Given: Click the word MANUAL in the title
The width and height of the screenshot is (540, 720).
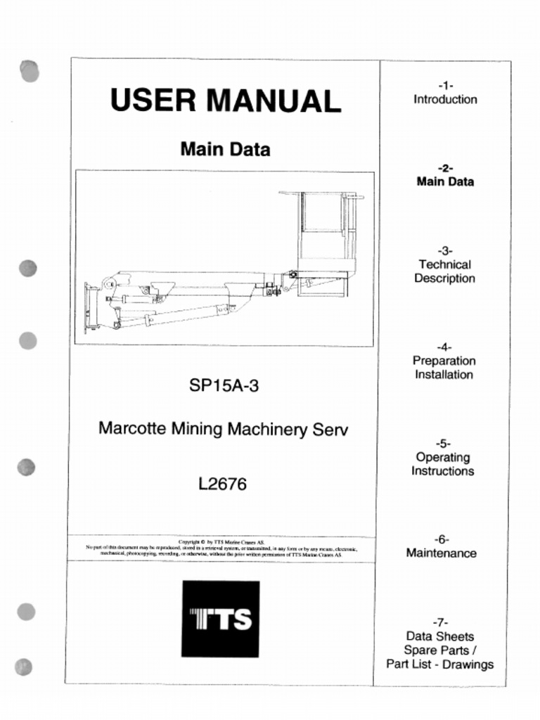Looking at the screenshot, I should pos(274,101).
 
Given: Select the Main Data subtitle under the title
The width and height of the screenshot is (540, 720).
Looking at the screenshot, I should pos(225,149).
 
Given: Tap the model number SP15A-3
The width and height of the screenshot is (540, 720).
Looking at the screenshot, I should pos(224,385).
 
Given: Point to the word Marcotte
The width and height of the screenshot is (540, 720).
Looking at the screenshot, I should pos(132,428).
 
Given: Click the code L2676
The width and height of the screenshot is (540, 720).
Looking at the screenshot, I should pos(223,484).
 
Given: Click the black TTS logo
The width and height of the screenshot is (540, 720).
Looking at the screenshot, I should pos(220,619).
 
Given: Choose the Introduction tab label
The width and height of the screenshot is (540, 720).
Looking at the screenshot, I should pos(444,100).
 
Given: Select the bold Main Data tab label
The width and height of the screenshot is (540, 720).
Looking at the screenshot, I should pos(445,181).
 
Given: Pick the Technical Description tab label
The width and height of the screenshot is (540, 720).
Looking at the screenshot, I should pos(444,271).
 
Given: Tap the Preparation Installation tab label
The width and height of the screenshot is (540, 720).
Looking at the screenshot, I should pos(444,368).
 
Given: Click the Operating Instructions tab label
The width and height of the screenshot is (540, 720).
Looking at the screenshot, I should pos(442,464).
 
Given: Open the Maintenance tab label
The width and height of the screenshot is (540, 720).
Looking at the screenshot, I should pos(441,553).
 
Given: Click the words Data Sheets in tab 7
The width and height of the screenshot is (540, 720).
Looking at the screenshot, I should pos(440,636).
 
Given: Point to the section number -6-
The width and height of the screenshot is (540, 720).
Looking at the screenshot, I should pos(441,539).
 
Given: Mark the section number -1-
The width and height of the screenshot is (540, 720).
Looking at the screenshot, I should pos(445,86).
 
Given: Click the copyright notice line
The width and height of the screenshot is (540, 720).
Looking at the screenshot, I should pos(222,542).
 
